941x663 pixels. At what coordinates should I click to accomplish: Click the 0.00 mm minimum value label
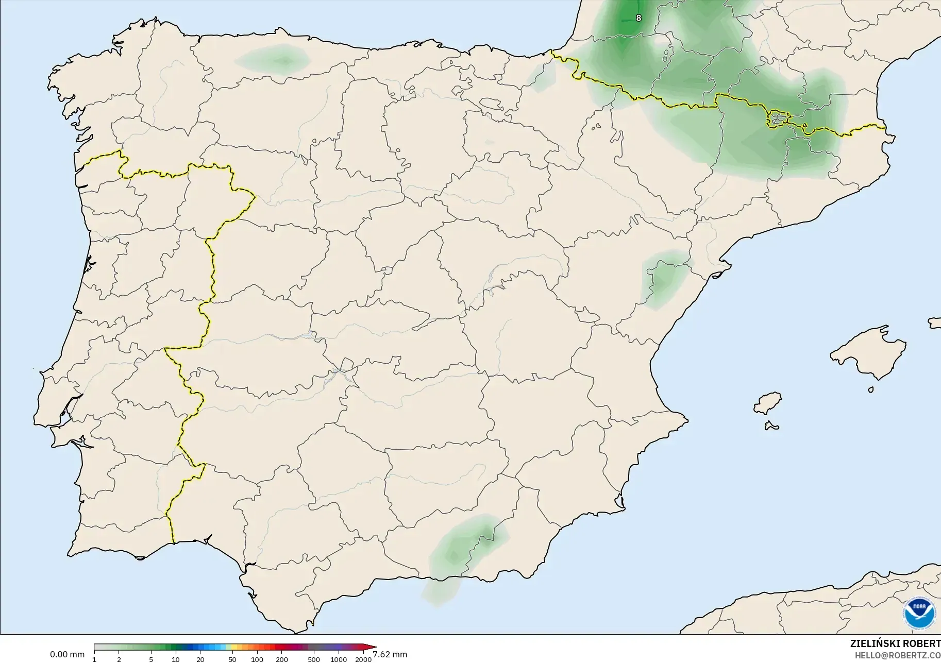point(67,655)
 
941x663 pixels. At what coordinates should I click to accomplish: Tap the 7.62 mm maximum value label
point(390,655)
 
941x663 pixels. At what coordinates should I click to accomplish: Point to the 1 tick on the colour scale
point(94,659)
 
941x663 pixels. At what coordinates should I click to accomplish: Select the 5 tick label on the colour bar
point(151,659)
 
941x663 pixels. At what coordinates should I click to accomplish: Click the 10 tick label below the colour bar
point(176,659)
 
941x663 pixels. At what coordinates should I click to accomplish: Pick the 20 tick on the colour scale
point(200,659)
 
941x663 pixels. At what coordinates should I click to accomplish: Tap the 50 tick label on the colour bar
point(232,659)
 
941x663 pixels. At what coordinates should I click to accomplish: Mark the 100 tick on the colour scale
point(257,659)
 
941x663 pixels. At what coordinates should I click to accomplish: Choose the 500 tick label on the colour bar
point(313,659)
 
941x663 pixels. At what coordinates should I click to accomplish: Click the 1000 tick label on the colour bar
point(339,659)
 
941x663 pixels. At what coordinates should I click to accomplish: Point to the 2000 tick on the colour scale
point(363,659)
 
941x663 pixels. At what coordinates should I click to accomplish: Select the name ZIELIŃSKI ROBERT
point(895,643)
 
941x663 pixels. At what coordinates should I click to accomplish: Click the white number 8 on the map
point(638,18)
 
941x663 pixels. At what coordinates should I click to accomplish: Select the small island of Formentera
point(771,426)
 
